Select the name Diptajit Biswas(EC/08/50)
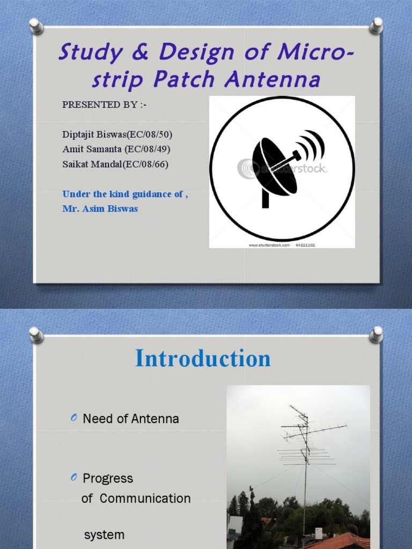click(x=117, y=135)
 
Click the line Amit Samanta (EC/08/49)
click(x=116, y=149)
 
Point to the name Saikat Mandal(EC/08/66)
click(x=115, y=164)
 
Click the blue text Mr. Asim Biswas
click(x=100, y=209)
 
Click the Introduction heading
click(x=203, y=358)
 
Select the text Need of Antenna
click(x=130, y=419)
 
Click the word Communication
click(x=145, y=498)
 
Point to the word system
click(x=104, y=535)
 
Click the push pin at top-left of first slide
click(x=36, y=25)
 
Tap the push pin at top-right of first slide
click(x=376, y=26)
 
